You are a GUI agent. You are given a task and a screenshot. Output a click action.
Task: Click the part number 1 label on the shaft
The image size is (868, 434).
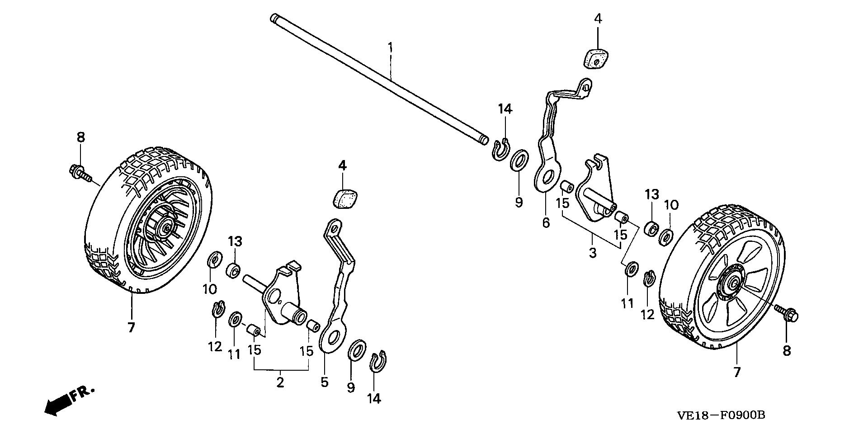[x=391, y=47]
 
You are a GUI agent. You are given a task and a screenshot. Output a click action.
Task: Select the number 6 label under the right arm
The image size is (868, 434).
[x=546, y=222]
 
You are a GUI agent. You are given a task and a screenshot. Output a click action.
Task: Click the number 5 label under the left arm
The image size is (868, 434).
[x=324, y=382]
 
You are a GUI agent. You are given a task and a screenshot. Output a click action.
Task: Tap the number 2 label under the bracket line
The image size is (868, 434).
[x=280, y=382]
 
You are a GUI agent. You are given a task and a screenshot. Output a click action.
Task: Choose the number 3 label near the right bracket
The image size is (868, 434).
[x=592, y=253]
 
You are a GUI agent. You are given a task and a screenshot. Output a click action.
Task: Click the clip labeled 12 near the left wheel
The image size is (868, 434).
[x=217, y=310]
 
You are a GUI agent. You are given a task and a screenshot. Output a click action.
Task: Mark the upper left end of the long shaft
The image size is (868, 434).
[x=274, y=19]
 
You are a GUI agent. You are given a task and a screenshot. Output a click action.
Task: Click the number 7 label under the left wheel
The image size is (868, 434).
[x=131, y=327]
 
